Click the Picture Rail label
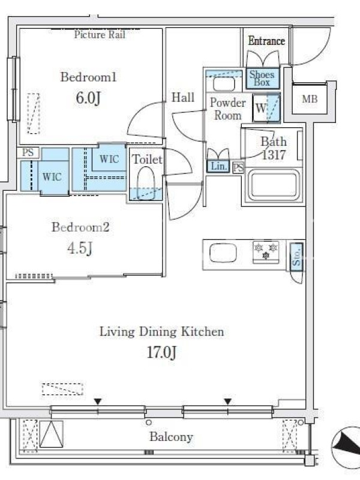(x=100, y=35)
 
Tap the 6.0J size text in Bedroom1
(x=88, y=98)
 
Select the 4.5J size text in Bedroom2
(x=80, y=248)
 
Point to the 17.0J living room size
(x=161, y=352)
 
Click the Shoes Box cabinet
(x=263, y=79)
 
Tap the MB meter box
(x=310, y=98)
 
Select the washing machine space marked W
(x=266, y=108)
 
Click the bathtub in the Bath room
(x=274, y=185)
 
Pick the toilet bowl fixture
(x=145, y=183)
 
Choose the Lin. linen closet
(x=218, y=166)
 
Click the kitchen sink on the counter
(x=223, y=253)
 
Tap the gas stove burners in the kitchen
(x=266, y=252)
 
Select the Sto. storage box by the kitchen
(x=296, y=257)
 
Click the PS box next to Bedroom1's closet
(x=28, y=152)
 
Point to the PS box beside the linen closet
(x=238, y=168)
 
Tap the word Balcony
(x=171, y=437)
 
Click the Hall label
(x=183, y=97)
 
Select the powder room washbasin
(x=224, y=84)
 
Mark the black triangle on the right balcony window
(x=227, y=401)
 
